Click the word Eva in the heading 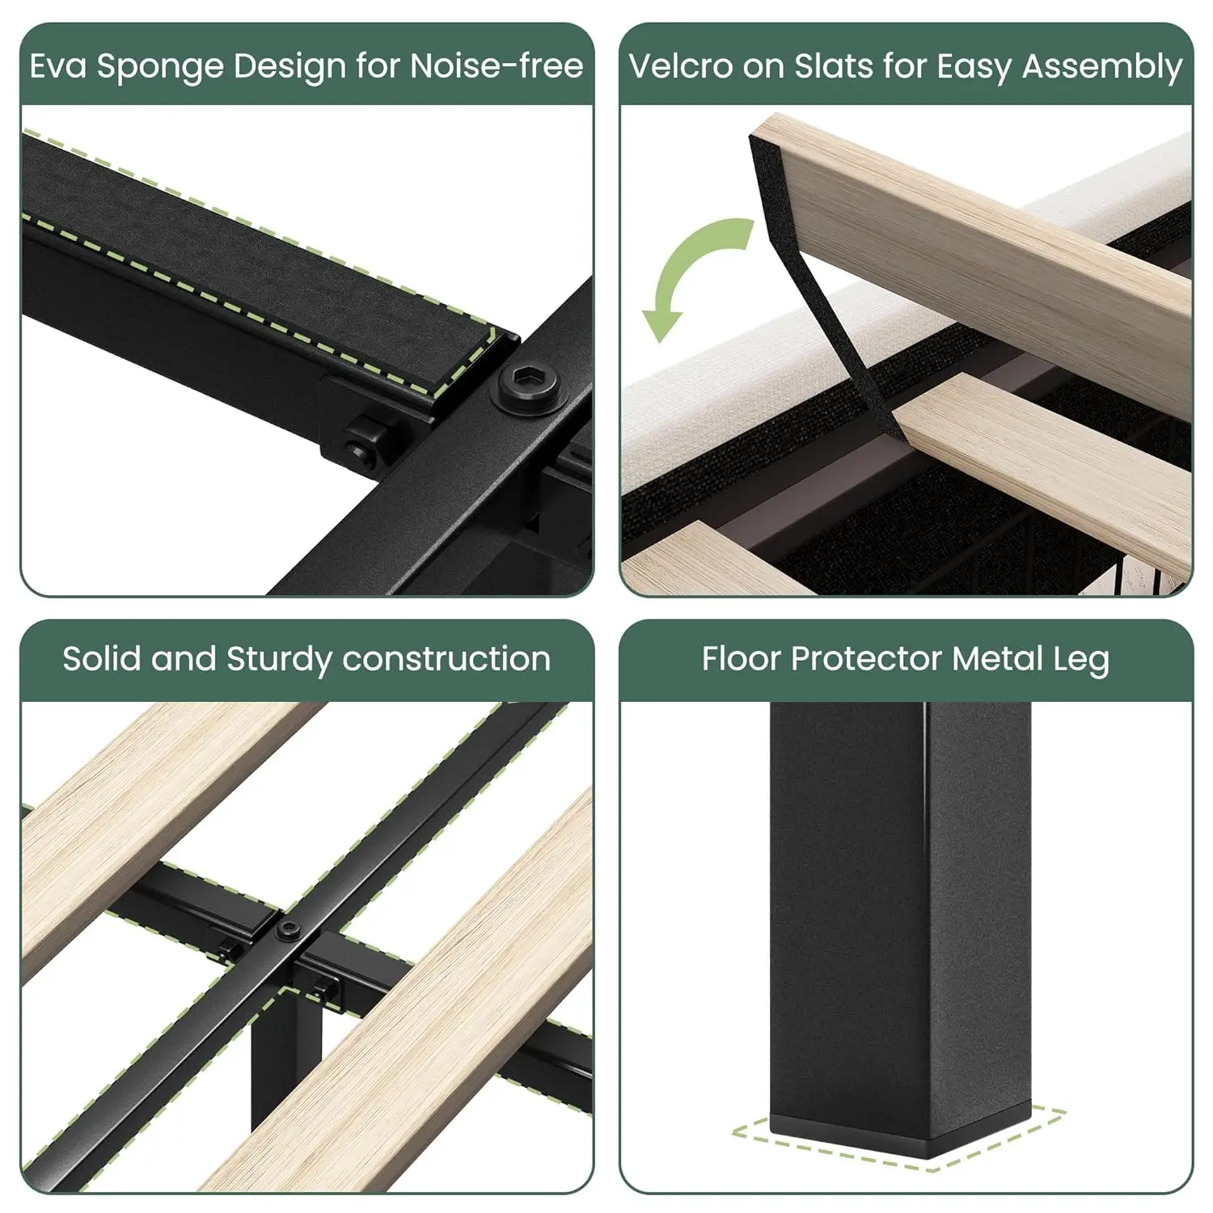[57, 66]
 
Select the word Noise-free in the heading [497, 66]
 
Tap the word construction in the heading [446, 659]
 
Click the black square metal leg [900, 926]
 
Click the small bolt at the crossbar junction [289, 931]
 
